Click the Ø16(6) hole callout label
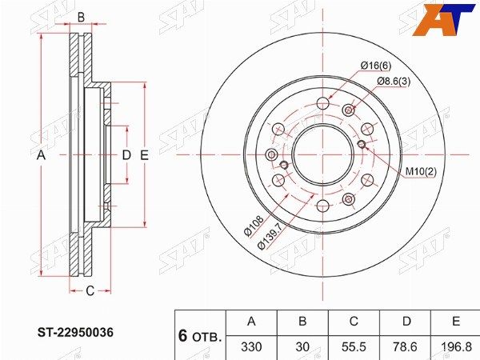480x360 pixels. pos(376,66)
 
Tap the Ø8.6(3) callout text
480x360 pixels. pos(394,82)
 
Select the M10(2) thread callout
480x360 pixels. pos(421,172)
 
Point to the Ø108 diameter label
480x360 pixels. pos(254,226)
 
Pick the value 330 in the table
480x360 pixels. pos(251,347)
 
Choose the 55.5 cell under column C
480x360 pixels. pos(354,347)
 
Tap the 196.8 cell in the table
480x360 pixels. pos(456,347)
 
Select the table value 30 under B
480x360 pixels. pos(302,347)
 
